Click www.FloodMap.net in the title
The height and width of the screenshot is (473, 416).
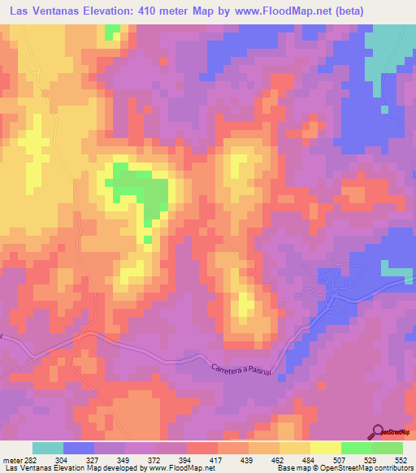coord(274,12)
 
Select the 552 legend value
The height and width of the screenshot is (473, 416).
coord(402,459)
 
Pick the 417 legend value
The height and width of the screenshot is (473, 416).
coord(217,459)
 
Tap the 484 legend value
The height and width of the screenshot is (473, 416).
coord(310,459)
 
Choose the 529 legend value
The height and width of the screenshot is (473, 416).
coord(371,459)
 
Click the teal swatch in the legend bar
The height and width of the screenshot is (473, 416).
coord(48,448)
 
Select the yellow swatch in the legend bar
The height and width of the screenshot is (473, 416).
coord(325,448)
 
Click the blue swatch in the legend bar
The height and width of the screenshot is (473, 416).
coord(79,448)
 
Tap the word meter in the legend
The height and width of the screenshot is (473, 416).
coord(11,459)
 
